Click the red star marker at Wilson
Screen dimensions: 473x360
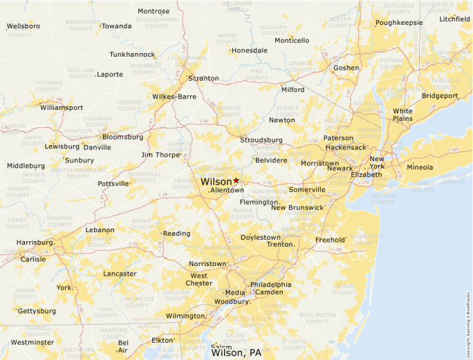click(x=236, y=180)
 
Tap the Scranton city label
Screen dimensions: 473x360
click(x=203, y=78)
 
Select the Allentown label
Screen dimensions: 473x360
click(x=227, y=190)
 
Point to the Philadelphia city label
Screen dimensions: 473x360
click(x=270, y=285)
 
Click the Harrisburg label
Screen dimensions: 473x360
click(x=35, y=243)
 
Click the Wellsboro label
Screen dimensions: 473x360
click(x=24, y=26)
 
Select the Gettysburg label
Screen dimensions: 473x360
click(x=37, y=311)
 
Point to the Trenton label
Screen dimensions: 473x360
click(x=281, y=245)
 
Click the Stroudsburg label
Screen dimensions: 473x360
click(x=261, y=140)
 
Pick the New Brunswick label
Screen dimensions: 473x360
click(x=297, y=207)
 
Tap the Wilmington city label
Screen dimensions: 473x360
click(x=185, y=316)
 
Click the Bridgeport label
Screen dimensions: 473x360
click(x=440, y=95)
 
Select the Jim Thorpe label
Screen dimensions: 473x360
click(x=160, y=155)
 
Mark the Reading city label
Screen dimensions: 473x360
click(x=176, y=234)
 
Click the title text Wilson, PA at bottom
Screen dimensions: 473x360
click(x=236, y=352)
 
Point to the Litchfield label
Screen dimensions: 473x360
click(x=454, y=19)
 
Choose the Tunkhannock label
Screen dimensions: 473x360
click(x=132, y=54)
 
